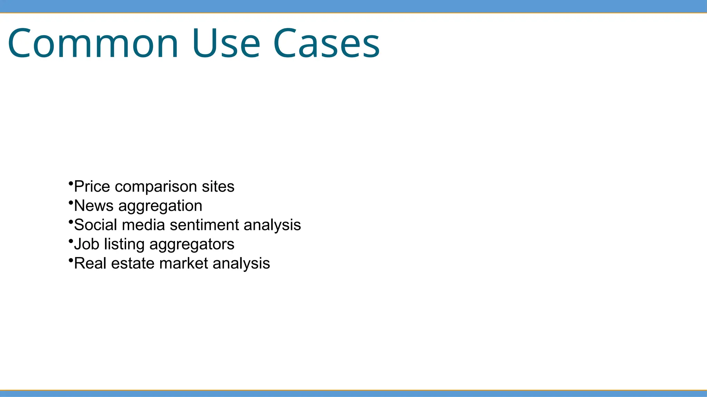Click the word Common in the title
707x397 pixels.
(x=93, y=44)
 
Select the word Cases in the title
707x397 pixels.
(x=326, y=44)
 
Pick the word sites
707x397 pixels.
(x=218, y=187)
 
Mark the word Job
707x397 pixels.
(x=87, y=244)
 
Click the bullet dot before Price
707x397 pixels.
(x=71, y=183)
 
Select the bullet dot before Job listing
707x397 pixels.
(x=71, y=240)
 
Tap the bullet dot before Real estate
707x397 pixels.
(x=71, y=259)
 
